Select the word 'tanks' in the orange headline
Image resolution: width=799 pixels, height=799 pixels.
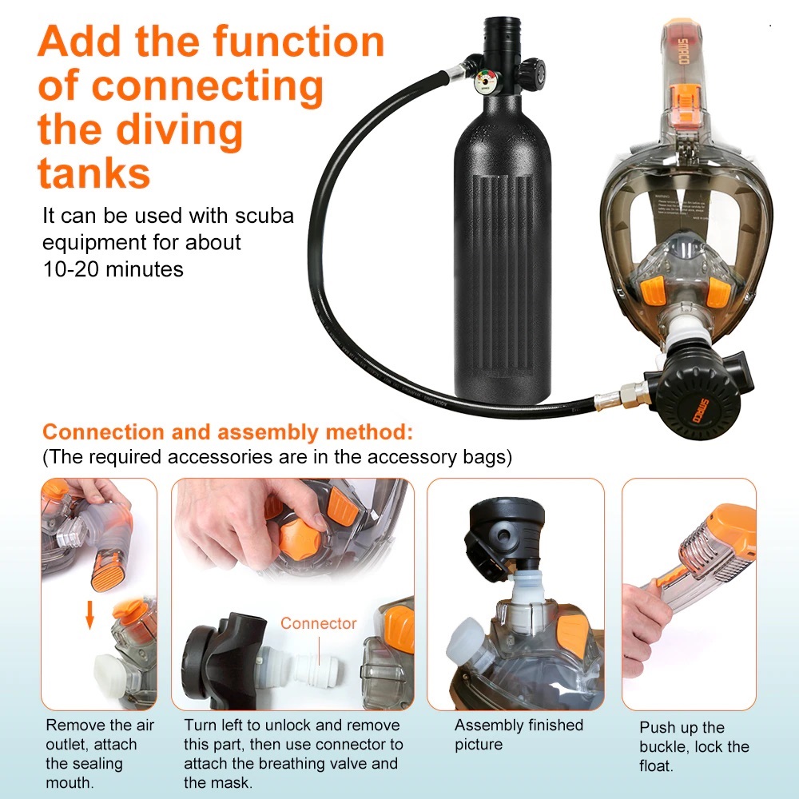94,173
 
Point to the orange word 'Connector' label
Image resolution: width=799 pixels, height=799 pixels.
319,623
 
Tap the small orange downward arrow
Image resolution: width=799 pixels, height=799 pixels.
90,614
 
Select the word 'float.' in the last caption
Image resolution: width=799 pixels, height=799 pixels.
656,766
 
